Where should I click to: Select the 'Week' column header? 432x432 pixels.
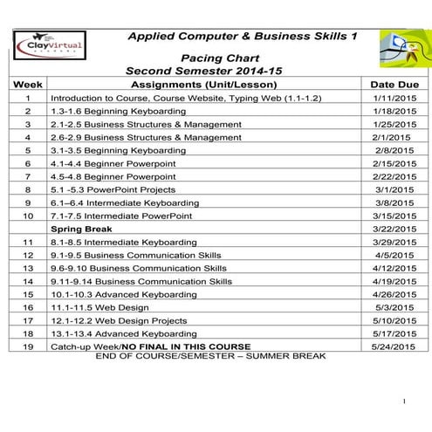(28, 85)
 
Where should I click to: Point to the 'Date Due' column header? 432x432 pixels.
(394, 85)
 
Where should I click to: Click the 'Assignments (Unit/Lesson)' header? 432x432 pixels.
(203, 85)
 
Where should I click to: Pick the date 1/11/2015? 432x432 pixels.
(394, 99)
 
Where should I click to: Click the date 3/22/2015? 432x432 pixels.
(394, 229)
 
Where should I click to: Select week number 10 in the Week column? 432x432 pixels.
(28, 216)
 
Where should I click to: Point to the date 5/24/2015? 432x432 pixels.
(394, 346)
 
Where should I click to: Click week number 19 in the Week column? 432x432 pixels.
(28, 346)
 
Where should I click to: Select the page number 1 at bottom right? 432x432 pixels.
(405, 401)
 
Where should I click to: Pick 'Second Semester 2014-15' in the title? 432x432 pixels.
(205, 69)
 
